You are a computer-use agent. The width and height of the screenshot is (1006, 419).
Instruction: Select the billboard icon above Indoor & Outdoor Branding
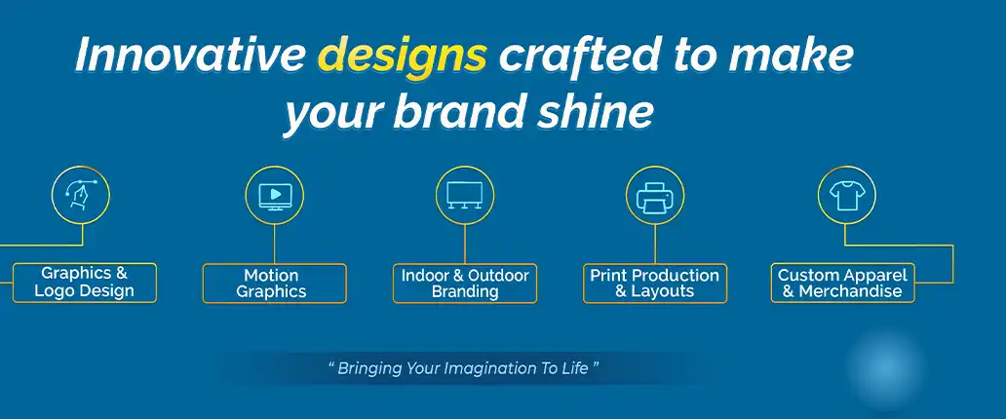[x=465, y=195]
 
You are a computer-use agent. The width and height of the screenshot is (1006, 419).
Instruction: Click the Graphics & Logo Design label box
[x=84, y=283]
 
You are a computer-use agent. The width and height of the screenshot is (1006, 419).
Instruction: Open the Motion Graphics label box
[x=274, y=284]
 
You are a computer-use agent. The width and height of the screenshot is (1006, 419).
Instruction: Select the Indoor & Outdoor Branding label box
[x=465, y=284]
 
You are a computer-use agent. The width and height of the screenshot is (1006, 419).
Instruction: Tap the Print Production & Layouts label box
[x=655, y=284]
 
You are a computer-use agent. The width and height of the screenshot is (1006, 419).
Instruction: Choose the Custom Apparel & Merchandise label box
[x=842, y=284]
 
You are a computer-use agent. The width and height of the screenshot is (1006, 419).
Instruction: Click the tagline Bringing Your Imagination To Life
[x=462, y=369]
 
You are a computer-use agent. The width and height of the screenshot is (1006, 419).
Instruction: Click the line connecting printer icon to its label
[x=655, y=244]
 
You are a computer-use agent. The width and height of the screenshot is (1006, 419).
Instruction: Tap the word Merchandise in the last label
[x=850, y=291]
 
